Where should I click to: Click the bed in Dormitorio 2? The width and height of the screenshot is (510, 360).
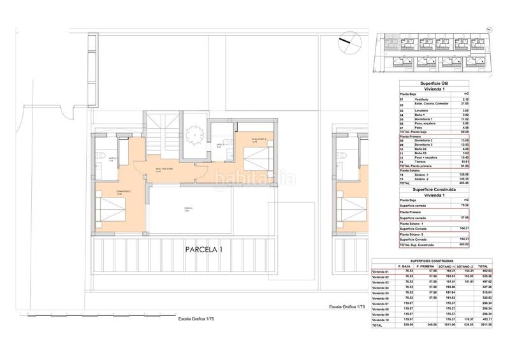pos(109,208)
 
